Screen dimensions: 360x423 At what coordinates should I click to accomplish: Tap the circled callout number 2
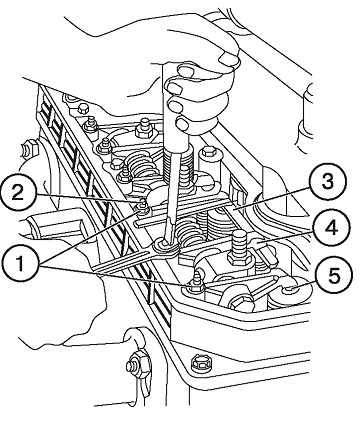pos(19,192)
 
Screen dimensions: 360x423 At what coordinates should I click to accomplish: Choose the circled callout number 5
pos(334,276)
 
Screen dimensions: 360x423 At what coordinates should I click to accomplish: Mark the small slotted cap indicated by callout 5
pos(289,288)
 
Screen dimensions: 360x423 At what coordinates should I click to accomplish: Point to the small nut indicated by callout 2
pos(143,202)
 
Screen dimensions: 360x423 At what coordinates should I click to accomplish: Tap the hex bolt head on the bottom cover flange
pos(201,362)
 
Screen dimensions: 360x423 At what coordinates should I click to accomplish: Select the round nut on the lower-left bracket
pos(136,366)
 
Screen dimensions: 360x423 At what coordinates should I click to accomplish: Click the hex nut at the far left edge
pos(28,150)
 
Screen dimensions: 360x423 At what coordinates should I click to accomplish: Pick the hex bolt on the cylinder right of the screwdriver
pos(209,152)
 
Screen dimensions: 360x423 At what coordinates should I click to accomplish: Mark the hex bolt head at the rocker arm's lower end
pos(241,302)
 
